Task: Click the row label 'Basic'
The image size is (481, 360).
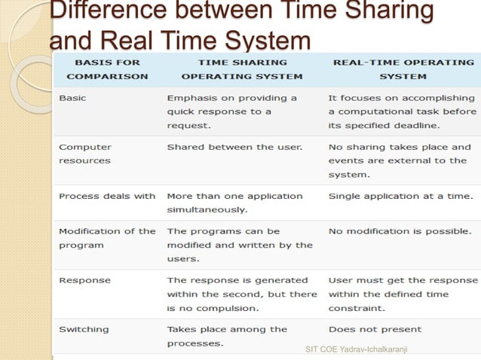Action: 72,99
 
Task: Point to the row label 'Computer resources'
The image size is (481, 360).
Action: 84,154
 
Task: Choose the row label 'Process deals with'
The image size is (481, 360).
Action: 107,196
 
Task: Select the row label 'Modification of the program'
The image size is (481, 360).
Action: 107,238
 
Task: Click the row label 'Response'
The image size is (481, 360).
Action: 84,280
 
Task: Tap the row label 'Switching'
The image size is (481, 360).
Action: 84,329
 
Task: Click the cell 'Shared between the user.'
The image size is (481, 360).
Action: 234,147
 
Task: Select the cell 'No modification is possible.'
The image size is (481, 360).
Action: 400,231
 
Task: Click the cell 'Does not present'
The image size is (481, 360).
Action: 375,329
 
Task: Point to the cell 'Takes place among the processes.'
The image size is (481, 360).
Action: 227,336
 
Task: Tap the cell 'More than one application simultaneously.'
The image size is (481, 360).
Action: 234,203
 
